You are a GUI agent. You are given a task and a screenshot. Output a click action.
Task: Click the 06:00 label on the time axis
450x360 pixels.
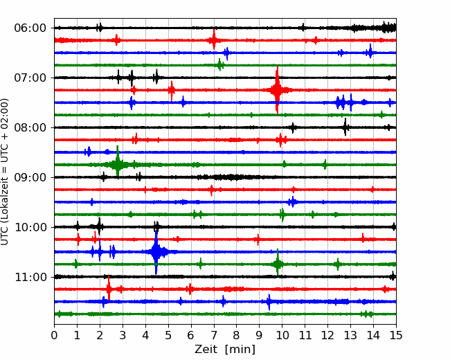(x=30, y=28)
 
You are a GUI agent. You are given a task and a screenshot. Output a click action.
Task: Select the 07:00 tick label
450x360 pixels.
(x=30, y=78)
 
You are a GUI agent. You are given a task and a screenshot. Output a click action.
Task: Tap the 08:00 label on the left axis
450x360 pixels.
(x=30, y=127)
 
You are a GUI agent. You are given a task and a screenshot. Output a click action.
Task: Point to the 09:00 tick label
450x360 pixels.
(x=30, y=177)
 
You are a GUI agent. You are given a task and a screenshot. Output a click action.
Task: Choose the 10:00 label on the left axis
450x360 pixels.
(x=30, y=227)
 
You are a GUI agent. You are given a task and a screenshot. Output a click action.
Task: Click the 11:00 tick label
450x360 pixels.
(x=30, y=277)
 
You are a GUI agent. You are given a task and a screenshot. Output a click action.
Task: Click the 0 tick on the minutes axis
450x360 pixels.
(x=54, y=335)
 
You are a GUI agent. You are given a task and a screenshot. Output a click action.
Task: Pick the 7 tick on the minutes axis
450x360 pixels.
(x=214, y=335)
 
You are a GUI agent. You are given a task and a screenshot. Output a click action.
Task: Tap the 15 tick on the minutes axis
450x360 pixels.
(x=396, y=335)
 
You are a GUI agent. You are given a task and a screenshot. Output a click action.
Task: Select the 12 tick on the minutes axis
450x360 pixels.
(x=327, y=335)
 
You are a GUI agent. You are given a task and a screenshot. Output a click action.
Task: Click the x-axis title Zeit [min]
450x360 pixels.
(x=225, y=350)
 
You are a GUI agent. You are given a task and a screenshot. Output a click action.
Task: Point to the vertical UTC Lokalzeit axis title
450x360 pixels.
(x=4, y=172)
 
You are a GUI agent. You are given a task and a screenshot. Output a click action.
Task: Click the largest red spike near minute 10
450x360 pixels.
(x=277, y=90)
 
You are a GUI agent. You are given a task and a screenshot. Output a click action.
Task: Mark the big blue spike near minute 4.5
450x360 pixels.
(x=156, y=252)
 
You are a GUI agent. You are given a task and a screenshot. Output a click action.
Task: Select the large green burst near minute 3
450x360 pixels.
(x=118, y=164)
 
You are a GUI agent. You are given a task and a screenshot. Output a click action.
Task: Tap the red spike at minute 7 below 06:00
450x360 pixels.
(x=214, y=40)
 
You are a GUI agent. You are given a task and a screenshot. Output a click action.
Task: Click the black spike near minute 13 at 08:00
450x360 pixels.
(x=345, y=127)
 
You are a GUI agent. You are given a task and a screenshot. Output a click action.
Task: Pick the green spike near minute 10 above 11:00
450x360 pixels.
(x=278, y=263)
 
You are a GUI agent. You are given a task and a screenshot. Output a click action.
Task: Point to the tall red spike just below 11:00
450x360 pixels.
(x=109, y=289)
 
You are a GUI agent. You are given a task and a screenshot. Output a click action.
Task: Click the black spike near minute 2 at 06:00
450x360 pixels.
(x=99, y=28)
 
